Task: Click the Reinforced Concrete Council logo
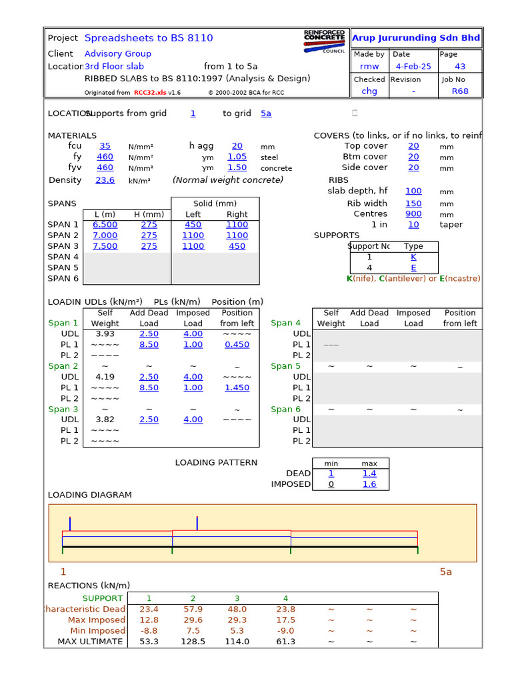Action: tap(325, 41)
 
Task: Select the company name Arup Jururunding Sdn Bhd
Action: tap(416, 38)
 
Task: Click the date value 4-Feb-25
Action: tap(413, 67)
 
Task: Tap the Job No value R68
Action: tap(460, 91)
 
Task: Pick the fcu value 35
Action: tap(105, 146)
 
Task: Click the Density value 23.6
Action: tap(105, 180)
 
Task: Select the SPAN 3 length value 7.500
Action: tap(105, 246)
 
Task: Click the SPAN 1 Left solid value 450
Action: tap(193, 225)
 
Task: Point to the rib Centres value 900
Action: tap(413, 214)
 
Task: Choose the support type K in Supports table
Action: tap(413, 257)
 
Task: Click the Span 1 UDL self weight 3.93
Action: tap(105, 333)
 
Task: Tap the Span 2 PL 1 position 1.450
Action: tap(237, 388)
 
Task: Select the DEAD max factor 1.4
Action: tap(369, 474)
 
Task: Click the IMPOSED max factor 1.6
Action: tap(369, 484)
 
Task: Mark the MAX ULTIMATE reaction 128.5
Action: tap(193, 642)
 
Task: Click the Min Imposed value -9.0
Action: tap(285, 630)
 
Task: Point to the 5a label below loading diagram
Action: tap(445, 572)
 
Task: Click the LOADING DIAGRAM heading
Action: tap(90, 495)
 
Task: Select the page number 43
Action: tap(460, 67)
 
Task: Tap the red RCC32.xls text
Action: tap(149, 93)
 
